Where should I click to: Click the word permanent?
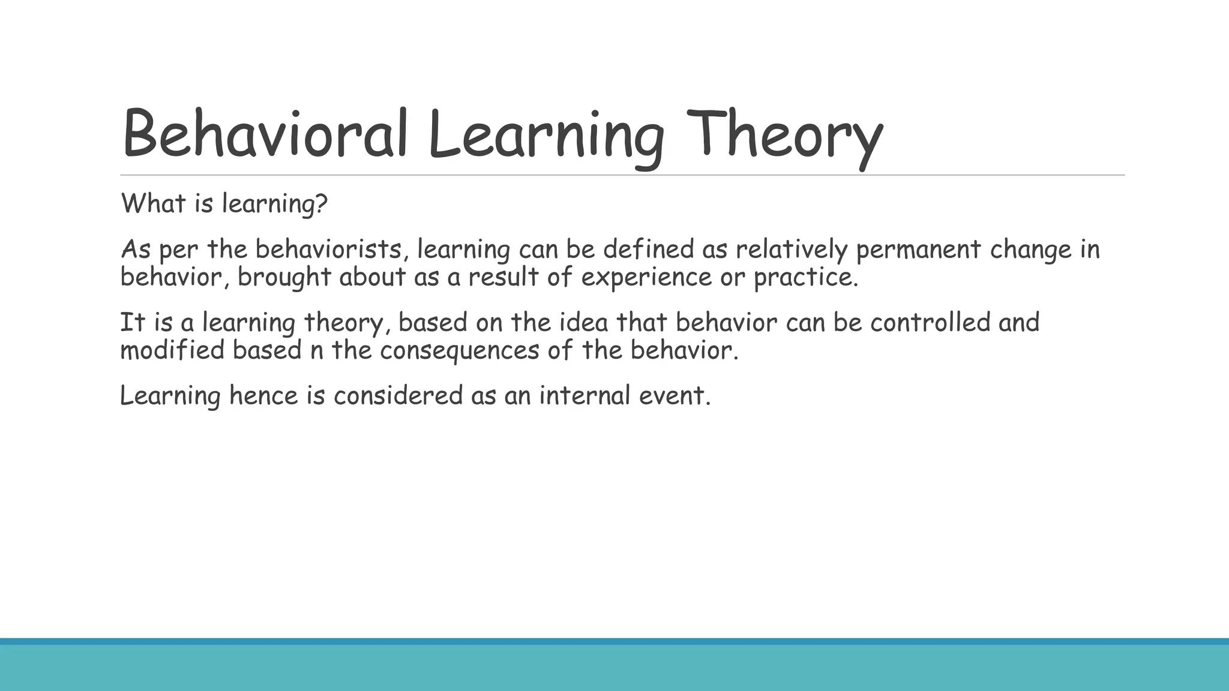[x=918, y=250]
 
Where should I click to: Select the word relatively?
[x=791, y=250]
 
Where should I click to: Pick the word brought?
[x=284, y=277]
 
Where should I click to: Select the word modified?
[x=172, y=350]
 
